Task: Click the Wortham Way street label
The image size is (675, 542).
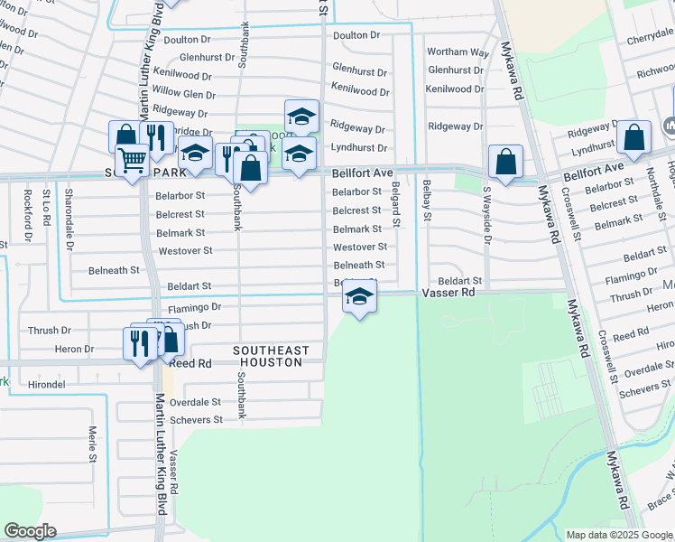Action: coord(458,52)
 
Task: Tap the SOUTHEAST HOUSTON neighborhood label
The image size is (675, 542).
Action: coord(271,356)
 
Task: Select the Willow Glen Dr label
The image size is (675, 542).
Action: coord(184,93)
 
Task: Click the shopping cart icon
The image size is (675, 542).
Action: coord(133,162)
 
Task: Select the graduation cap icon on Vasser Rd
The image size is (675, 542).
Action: coord(359,297)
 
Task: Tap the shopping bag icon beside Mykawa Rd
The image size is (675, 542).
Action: coord(506,162)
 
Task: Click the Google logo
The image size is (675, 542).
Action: coord(30,531)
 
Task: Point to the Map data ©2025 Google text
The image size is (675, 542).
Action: coord(618,535)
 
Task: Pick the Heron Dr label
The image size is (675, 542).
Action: coord(75,349)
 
